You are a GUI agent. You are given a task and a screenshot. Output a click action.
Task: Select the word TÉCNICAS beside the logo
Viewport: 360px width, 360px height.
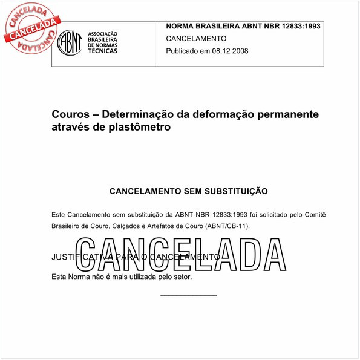tap(103, 51)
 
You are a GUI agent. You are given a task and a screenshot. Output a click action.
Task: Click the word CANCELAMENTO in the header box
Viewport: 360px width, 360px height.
tap(196, 38)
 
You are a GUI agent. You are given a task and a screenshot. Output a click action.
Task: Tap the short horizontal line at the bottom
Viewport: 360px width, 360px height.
tap(189, 295)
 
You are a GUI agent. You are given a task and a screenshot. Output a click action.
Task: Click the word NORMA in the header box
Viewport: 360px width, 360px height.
tap(181, 26)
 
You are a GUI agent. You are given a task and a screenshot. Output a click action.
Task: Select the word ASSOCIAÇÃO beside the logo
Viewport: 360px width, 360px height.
tap(103, 34)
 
